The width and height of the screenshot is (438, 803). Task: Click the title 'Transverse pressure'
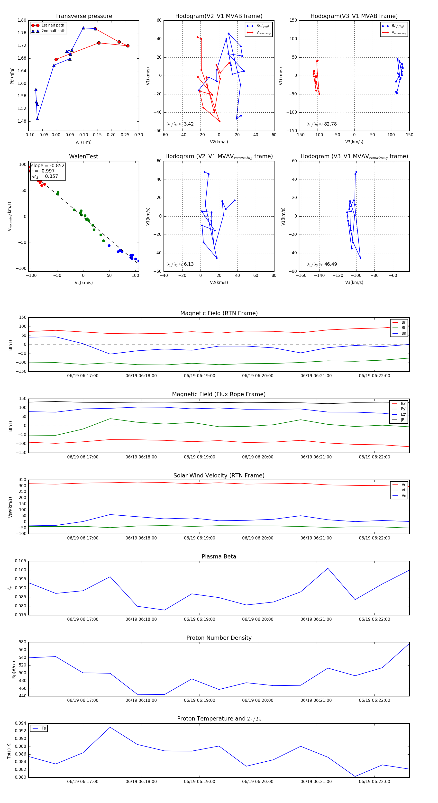pos(83,16)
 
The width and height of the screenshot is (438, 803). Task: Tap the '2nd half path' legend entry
pos(53,31)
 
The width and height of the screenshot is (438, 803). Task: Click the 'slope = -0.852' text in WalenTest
pos(48,165)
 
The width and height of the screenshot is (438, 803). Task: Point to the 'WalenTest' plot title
pos(83,156)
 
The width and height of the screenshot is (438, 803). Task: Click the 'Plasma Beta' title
pos(219,557)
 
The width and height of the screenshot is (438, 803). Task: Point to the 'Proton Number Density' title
pos(219,638)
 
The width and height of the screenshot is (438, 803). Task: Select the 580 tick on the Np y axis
pos(22,642)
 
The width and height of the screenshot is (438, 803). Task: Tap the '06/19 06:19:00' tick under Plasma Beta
pos(200,619)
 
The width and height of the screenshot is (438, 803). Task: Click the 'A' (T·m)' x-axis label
pos(83,142)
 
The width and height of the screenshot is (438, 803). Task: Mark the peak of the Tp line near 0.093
pos(110,727)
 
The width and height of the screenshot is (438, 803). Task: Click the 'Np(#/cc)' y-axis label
pos(14,670)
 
